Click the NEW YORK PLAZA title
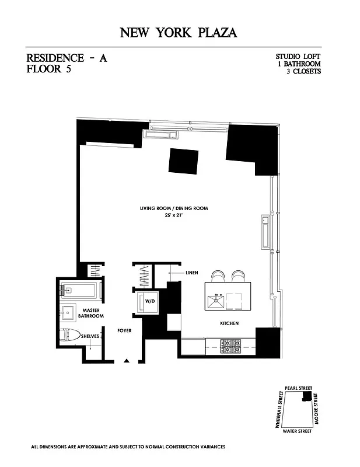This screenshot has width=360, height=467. tap(179, 33)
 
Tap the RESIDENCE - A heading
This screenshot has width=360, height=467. tap(67, 58)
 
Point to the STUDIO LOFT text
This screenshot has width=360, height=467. tap(298, 57)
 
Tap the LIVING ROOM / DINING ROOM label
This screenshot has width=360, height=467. tap(173, 208)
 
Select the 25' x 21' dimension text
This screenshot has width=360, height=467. tap(173, 215)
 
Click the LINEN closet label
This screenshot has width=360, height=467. tap(192, 273)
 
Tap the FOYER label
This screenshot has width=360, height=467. tap(124, 330)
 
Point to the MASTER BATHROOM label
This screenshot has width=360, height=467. tap(92, 313)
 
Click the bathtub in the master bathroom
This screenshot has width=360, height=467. tap(81, 290)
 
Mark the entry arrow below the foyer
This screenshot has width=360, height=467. tap(127, 361)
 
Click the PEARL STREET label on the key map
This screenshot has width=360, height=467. tap(298, 387)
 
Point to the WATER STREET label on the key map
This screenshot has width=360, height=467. tap(296, 431)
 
